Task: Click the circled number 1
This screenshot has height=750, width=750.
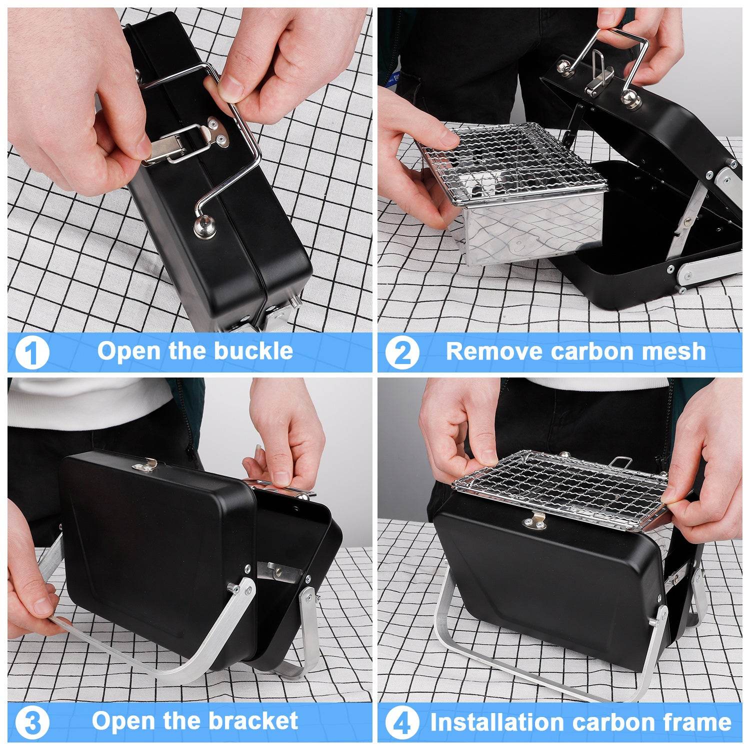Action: point(32,353)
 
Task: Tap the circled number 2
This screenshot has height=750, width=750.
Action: point(402,353)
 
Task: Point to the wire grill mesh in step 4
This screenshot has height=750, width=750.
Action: point(560,487)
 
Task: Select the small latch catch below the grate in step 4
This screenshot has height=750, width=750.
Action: point(534,523)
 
